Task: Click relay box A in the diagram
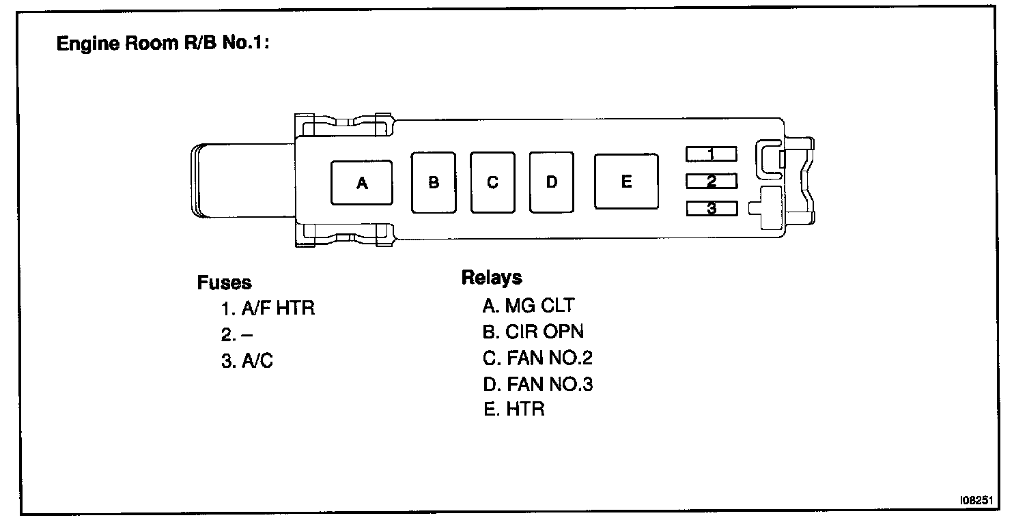pyautogui.click(x=361, y=183)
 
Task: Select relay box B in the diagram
pyautogui.click(x=434, y=182)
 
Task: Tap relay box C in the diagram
pyautogui.click(x=492, y=182)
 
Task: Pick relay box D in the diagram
pyautogui.click(x=552, y=182)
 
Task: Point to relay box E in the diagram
pyautogui.click(x=626, y=181)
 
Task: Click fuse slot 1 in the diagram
pyautogui.click(x=711, y=154)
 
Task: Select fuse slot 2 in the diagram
pyautogui.click(x=711, y=181)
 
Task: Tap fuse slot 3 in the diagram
pyautogui.click(x=711, y=208)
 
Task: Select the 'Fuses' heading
pyautogui.click(x=224, y=283)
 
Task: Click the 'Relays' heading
pyautogui.click(x=492, y=278)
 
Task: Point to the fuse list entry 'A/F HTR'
pyautogui.click(x=268, y=308)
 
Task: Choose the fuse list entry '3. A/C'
pyautogui.click(x=247, y=361)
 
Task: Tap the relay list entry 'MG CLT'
pyautogui.click(x=528, y=305)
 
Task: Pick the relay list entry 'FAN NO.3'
pyautogui.click(x=537, y=384)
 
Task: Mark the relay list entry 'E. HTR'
pyautogui.click(x=513, y=410)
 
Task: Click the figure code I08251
pyautogui.click(x=977, y=501)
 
